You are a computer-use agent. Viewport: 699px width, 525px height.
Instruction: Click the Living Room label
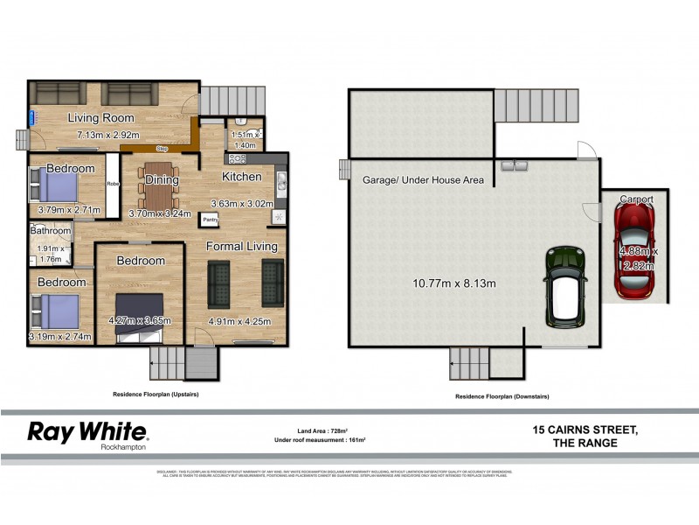[101, 118]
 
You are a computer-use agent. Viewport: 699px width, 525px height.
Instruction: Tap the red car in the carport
[635, 255]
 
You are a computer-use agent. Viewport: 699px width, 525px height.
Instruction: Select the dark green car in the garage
[564, 284]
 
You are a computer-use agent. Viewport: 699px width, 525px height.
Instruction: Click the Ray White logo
[88, 432]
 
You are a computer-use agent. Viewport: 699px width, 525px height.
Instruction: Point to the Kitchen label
[242, 177]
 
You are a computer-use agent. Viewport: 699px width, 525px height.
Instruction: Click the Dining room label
[163, 180]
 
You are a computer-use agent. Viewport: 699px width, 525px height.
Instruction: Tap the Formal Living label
[242, 247]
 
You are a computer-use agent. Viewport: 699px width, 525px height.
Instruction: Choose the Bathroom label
[50, 232]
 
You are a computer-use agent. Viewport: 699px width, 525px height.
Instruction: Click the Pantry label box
[211, 220]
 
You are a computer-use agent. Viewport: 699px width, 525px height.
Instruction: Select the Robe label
[113, 185]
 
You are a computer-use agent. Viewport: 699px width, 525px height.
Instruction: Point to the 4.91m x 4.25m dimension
[239, 321]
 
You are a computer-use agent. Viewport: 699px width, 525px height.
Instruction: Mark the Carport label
[636, 199]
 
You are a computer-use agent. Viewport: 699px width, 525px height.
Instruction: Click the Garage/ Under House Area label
[423, 180]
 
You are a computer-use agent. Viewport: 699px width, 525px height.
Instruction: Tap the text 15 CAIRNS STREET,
[585, 429]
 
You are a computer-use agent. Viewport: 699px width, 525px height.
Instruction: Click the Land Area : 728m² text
[322, 430]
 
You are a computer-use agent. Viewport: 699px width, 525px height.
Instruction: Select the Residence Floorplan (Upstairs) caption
[156, 395]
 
